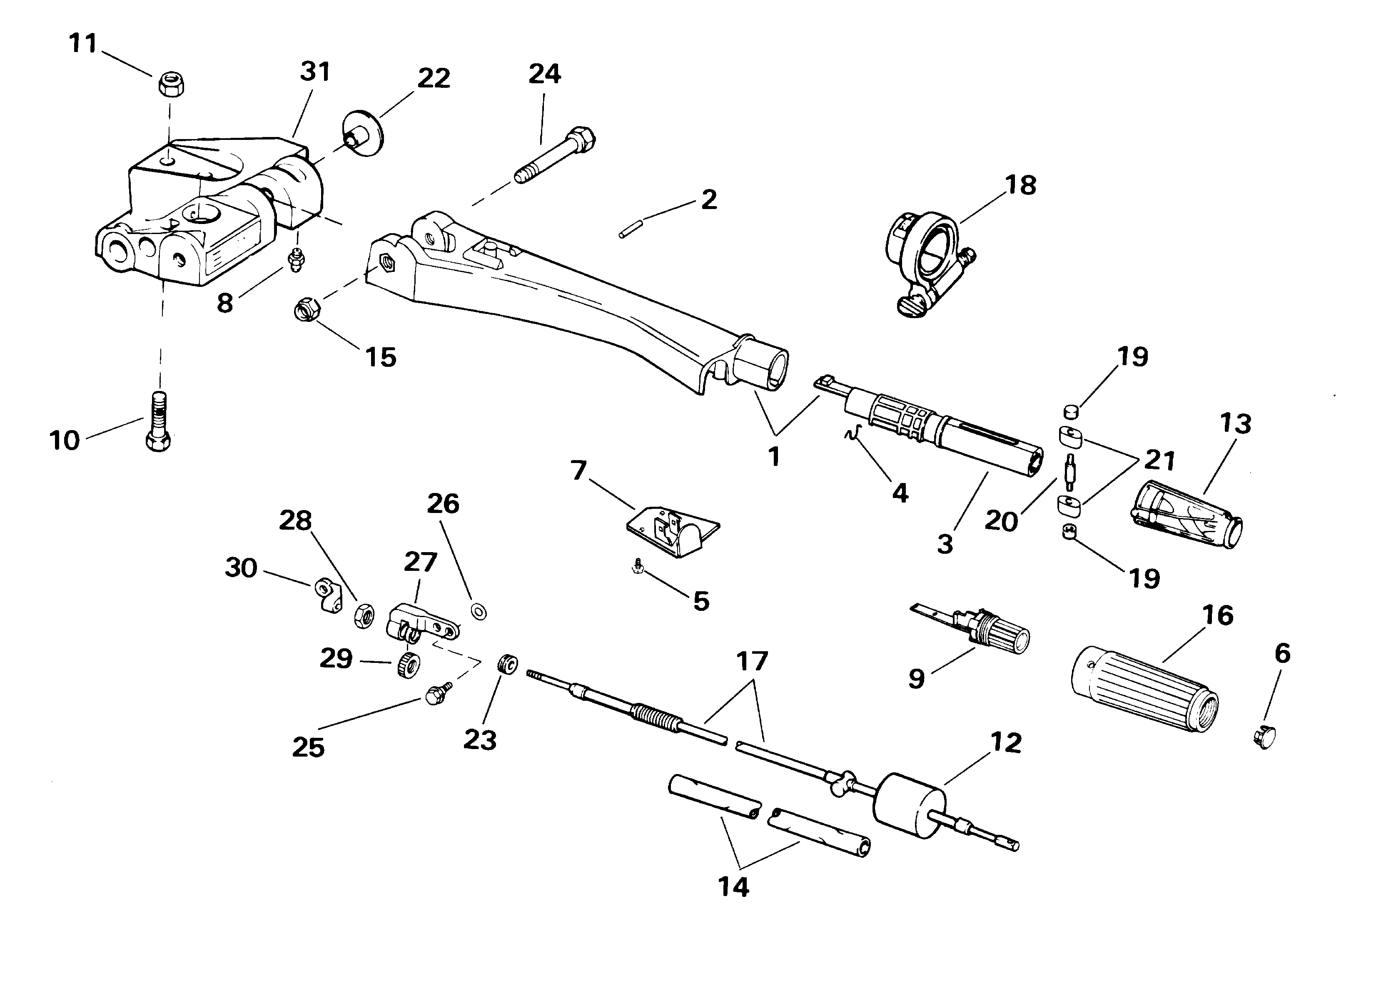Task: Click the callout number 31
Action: pyautogui.click(x=315, y=71)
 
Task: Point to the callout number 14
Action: pyautogui.click(x=733, y=887)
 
